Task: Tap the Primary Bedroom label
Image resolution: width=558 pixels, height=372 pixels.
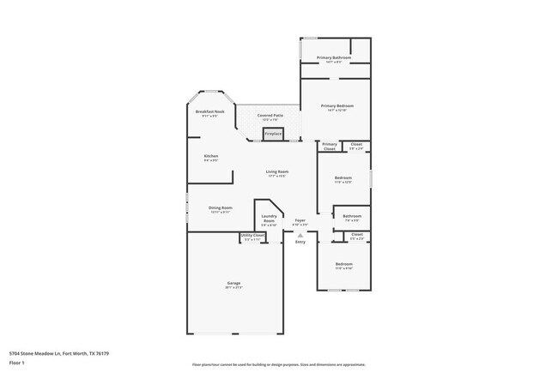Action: pos(337,105)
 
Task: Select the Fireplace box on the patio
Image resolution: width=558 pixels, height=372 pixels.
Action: pos(273,134)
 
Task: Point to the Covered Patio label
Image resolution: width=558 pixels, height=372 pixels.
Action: pos(270,115)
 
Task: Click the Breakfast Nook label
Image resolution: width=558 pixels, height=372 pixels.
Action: pos(209,112)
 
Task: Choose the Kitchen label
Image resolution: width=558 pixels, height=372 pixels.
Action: pos(210,156)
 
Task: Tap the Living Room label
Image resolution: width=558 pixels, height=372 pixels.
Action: pos(276,171)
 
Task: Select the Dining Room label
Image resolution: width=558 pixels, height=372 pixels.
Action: pos(220,207)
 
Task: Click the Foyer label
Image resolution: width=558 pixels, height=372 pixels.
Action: pos(300,221)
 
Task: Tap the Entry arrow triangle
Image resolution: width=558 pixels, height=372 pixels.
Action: pos(300,234)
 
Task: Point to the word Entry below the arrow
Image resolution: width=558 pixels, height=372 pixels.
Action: pos(300,243)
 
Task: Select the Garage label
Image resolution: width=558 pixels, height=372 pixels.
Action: pos(233,283)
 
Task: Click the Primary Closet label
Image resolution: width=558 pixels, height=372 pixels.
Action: pos(330,147)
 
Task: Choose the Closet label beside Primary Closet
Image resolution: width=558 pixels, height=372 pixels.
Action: pos(356,144)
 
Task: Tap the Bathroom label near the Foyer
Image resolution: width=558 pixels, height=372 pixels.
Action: pos(352,216)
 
